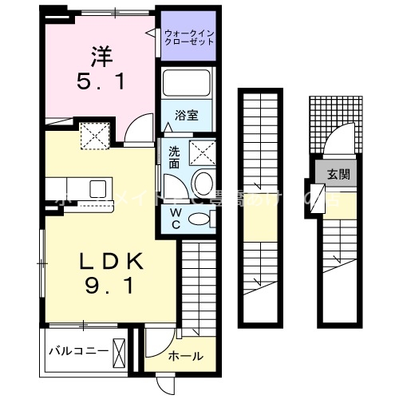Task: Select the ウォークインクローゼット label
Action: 188,37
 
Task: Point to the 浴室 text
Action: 188,116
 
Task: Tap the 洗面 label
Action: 174,156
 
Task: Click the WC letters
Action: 176,218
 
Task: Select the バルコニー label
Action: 77,350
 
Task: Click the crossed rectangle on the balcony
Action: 120,350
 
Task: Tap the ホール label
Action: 185,356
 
